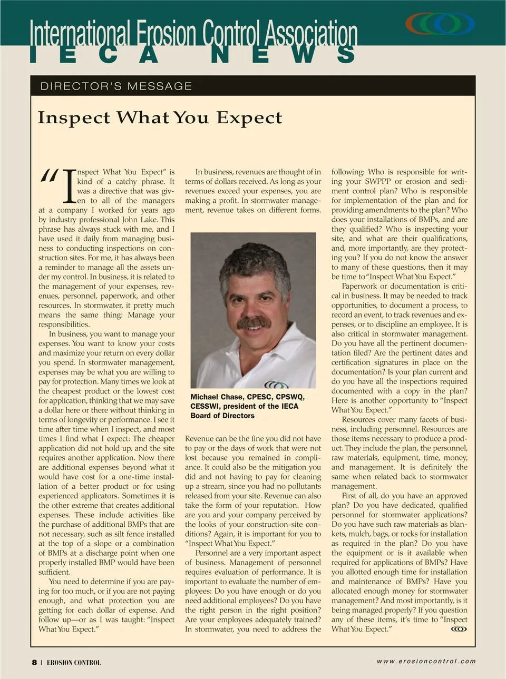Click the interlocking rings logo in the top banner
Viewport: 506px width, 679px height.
point(440,24)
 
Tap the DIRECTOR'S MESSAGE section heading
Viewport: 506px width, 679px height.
point(116,86)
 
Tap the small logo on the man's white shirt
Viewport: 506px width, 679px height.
point(276,385)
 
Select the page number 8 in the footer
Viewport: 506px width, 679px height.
point(34,662)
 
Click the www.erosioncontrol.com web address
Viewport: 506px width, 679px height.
point(426,661)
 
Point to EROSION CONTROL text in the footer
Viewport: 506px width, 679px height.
point(74,663)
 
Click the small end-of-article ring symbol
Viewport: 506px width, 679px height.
point(459,628)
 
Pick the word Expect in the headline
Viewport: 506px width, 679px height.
point(249,117)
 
